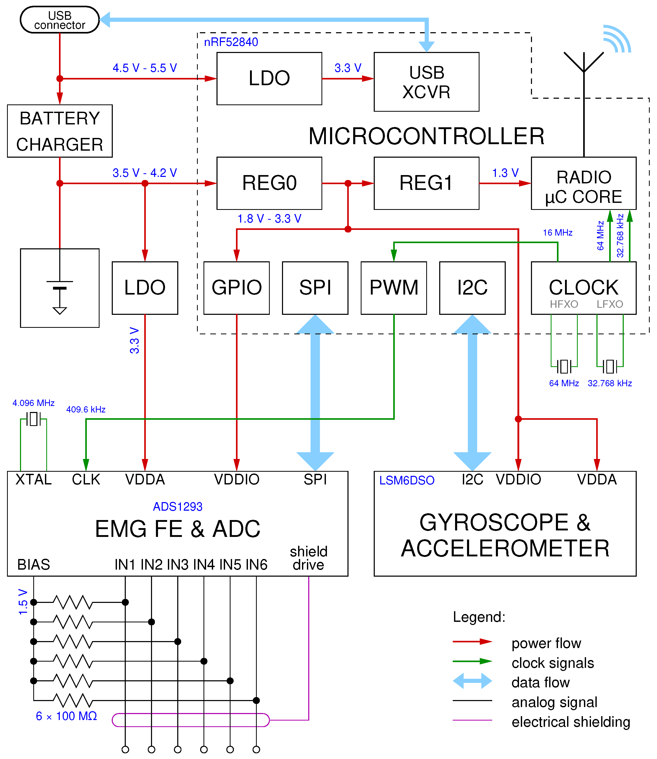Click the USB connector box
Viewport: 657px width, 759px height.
[x=60, y=20]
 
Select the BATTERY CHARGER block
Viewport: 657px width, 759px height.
[x=60, y=131]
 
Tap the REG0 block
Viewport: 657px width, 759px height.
[x=269, y=183]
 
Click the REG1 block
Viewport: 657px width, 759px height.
[x=426, y=183]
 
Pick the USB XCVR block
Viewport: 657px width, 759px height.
[x=426, y=82]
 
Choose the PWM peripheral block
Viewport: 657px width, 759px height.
[x=393, y=288]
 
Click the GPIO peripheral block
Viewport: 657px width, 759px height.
[x=236, y=288]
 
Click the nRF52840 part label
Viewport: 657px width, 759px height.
[x=231, y=42]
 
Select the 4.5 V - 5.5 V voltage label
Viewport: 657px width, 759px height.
[x=144, y=68]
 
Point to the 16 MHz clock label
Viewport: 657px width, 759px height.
[x=557, y=233]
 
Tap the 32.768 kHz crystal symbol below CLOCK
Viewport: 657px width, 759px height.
[x=610, y=366]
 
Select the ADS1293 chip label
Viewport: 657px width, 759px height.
[x=178, y=507]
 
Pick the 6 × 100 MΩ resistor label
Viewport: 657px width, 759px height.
[x=66, y=716]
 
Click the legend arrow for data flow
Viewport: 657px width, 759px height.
[x=472, y=681]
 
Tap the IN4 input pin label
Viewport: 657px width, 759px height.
[x=204, y=565]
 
